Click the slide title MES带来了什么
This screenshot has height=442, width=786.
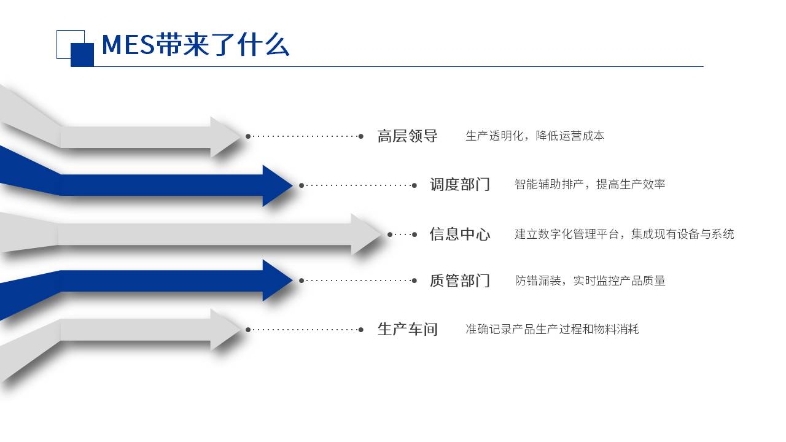tap(195, 45)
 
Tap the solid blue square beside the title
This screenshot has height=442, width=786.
tap(82, 55)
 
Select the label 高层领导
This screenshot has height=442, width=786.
tap(407, 136)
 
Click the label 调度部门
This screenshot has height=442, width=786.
tap(460, 185)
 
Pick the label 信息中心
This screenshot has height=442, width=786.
tap(460, 234)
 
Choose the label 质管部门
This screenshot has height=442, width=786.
tap(460, 281)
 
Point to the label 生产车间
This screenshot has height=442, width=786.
tap(407, 330)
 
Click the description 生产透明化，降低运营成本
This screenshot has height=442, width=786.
tap(535, 136)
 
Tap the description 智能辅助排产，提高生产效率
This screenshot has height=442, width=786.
tap(589, 184)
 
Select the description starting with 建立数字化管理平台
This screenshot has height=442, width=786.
tap(625, 234)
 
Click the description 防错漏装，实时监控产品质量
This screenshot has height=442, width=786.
tap(590, 281)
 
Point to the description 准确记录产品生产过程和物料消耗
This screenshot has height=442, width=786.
tap(552, 329)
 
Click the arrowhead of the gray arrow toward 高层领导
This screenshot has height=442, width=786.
tap(225, 136)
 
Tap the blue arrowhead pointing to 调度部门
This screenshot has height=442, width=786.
tap(277, 185)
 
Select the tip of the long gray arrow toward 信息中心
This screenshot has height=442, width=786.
tap(382, 234)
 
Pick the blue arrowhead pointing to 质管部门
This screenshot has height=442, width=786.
tap(277, 281)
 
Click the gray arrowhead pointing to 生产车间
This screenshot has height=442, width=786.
tap(225, 330)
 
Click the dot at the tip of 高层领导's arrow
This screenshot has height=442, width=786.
tap(248, 136)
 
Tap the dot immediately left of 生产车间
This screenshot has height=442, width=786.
tap(360, 330)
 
